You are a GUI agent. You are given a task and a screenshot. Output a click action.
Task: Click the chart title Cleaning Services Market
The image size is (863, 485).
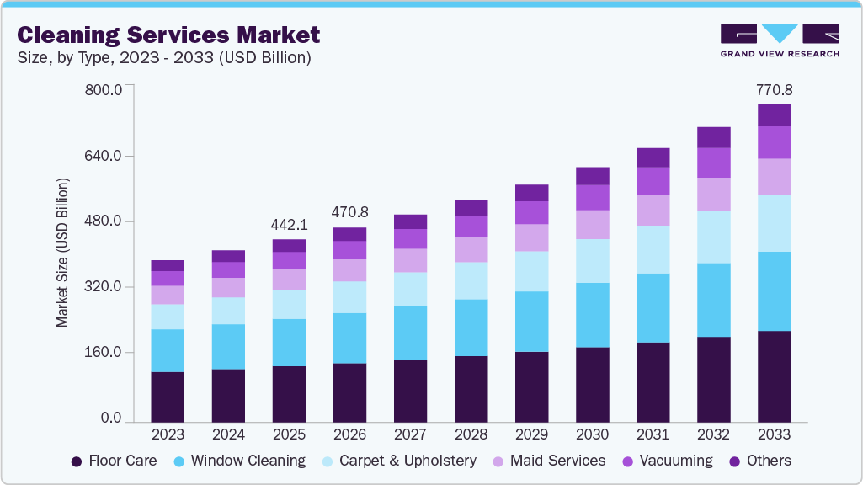click(168, 35)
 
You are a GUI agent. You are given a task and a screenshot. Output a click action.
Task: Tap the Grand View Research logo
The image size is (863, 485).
click(779, 40)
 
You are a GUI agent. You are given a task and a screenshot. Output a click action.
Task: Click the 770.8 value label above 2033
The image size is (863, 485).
click(774, 89)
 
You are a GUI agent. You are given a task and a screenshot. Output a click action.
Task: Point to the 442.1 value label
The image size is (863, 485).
click(289, 225)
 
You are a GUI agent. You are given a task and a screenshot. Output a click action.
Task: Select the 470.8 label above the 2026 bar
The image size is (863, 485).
click(349, 212)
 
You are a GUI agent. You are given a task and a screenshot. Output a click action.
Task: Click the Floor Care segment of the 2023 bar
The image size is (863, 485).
click(168, 397)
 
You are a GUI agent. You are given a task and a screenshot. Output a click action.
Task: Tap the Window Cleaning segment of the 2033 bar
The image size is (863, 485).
click(774, 291)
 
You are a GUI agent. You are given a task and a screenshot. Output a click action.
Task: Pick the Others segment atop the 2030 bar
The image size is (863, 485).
click(592, 176)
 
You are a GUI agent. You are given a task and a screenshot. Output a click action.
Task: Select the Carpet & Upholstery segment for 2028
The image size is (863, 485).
click(471, 280)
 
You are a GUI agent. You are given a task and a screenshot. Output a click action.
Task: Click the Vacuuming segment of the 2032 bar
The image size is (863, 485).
click(713, 163)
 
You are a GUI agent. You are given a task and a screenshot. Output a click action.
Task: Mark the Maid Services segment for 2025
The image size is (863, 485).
click(289, 280)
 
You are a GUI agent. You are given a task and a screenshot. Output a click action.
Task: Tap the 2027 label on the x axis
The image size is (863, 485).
click(410, 434)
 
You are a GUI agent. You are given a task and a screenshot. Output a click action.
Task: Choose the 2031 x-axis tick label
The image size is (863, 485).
click(653, 434)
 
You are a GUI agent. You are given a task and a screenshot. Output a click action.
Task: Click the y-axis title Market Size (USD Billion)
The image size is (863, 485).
click(62, 253)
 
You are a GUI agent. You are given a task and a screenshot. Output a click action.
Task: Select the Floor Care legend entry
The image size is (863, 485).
click(115, 461)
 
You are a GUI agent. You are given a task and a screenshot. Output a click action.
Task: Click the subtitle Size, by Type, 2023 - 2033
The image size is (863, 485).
click(164, 58)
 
